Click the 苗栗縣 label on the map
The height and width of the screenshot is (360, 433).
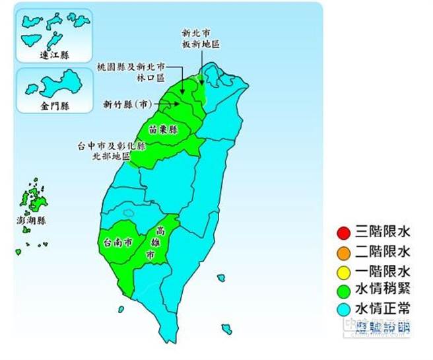point(164,129)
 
